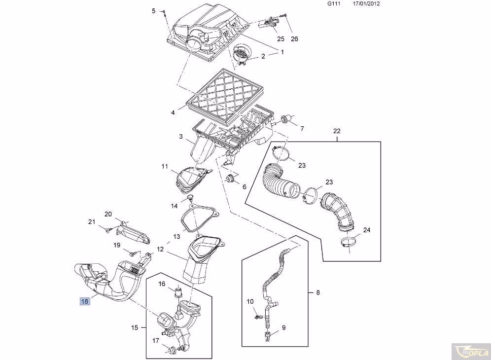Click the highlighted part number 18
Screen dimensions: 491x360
click(x=85, y=301)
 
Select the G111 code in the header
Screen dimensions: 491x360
click(x=334, y=3)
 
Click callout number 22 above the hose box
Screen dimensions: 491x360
click(x=337, y=131)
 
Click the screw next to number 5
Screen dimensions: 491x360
click(x=164, y=12)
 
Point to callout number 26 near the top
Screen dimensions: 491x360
click(x=294, y=39)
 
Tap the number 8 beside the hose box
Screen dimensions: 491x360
click(x=318, y=292)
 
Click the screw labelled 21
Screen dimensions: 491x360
click(x=108, y=230)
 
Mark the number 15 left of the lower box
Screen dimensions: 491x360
click(x=135, y=327)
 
